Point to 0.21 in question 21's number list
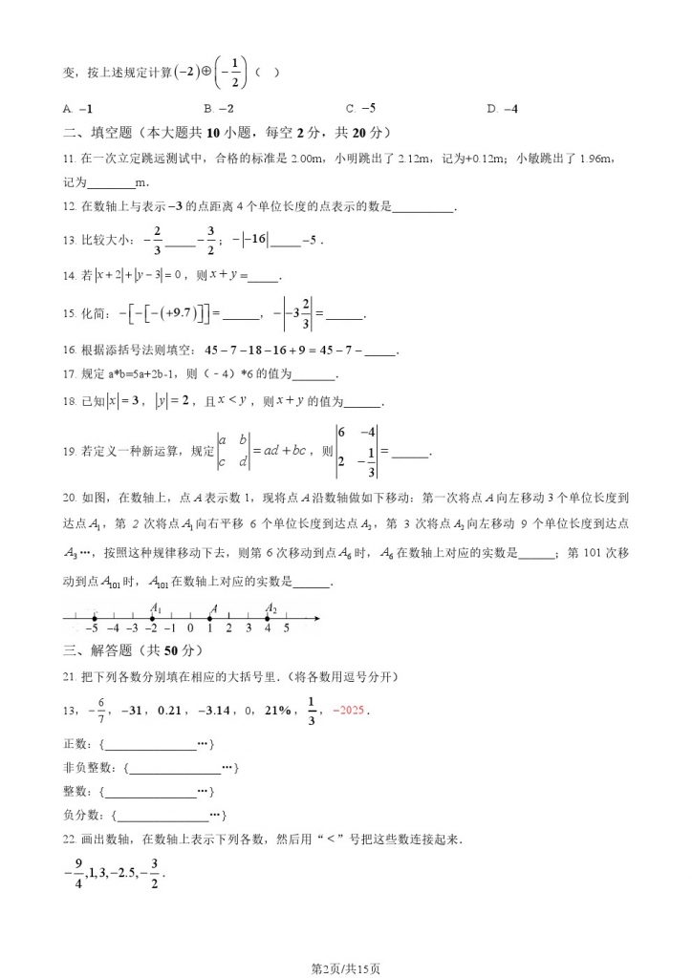(x=169, y=711)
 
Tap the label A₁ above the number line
(x=155, y=608)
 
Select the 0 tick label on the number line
(x=191, y=628)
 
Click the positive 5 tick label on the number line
(x=287, y=628)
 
